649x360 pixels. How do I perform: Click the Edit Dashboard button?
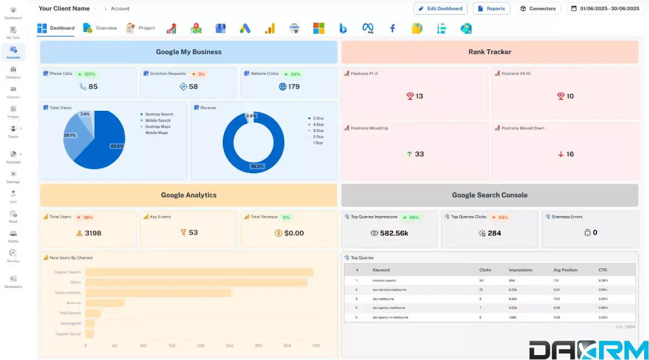[440, 9]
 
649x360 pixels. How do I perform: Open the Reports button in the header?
[492, 9]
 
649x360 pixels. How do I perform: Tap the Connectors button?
[538, 9]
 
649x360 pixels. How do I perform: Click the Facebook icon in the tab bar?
[392, 28]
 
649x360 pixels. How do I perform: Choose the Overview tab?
[100, 28]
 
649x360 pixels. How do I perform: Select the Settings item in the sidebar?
[13, 177]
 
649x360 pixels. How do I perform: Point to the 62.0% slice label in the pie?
[117, 146]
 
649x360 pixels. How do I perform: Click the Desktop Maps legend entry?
[157, 127]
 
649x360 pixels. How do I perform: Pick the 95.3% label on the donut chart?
[257, 166]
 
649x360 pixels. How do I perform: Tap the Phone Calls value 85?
[93, 86]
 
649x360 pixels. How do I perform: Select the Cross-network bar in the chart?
[158, 293]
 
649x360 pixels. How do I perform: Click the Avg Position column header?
[565, 270]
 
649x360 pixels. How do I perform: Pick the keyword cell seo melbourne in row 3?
[383, 299]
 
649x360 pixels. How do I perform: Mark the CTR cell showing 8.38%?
[603, 281]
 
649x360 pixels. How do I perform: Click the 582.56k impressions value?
[394, 233]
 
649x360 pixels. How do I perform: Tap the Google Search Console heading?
[489, 195]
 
